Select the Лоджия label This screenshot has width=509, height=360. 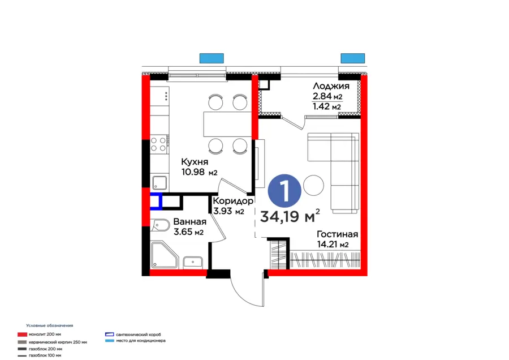tap(330, 86)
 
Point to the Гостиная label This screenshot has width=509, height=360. tap(337, 234)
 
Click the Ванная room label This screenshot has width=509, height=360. tap(189, 222)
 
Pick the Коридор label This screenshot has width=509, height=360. tap(232, 201)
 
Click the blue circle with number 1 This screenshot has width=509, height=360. tap(284, 190)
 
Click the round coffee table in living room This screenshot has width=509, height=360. tap(313, 185)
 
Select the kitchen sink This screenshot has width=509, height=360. tap(159, 182)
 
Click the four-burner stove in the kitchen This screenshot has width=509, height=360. tap(159, 144)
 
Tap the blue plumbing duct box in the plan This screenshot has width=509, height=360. tap(156, 202)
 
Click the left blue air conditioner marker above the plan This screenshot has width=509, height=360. tap(212, 58)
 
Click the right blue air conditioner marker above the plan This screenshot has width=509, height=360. tap(352, 58)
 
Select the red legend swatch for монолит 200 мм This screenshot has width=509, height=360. tap(22, 335)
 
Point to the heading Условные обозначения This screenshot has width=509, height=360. tap(50, 325)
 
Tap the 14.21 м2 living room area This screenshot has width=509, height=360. tap(333, 245)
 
